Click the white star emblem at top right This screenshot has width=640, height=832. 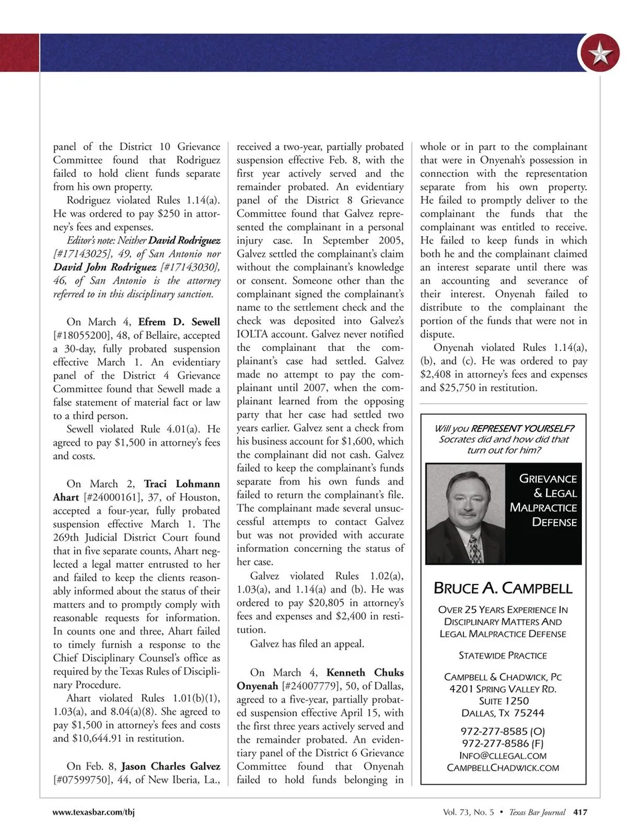pos(599,53)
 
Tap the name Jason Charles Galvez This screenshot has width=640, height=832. pos(170,766)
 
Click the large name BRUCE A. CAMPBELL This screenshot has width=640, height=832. pos(503,588)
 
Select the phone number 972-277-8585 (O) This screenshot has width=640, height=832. pos(503,731)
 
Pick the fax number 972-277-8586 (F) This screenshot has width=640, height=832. pos(503,743)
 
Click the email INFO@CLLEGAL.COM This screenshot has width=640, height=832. pos(503,755)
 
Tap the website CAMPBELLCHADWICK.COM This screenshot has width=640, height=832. pos(503,768)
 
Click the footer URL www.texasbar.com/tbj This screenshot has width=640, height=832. pos(94,812)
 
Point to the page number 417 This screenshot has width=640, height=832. pos(580,812)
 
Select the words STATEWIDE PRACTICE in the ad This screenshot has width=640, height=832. pos(503,655)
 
